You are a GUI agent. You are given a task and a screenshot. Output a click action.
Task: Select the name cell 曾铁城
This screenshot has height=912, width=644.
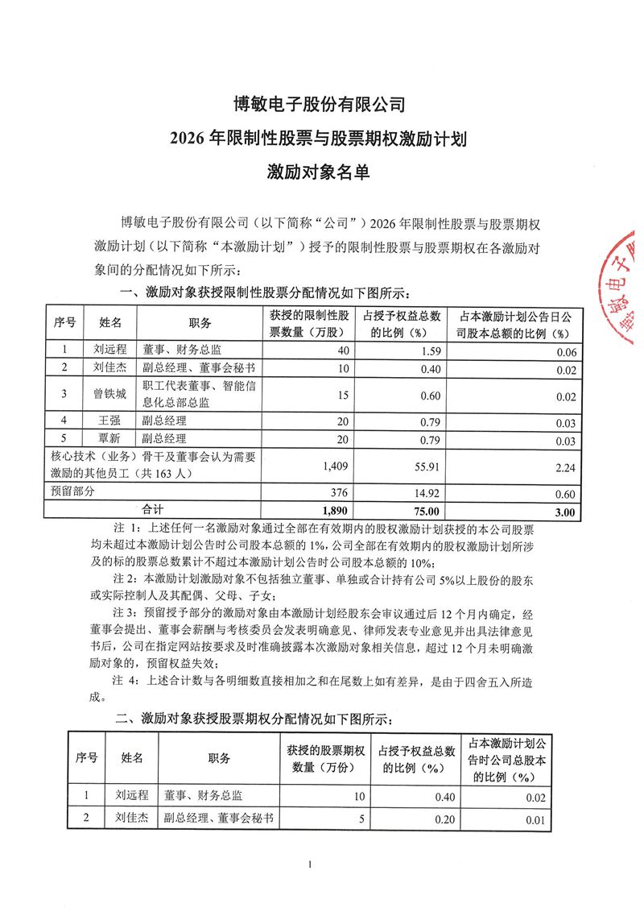point(109,396)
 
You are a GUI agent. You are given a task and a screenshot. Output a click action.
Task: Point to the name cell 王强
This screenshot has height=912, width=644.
point(109,421)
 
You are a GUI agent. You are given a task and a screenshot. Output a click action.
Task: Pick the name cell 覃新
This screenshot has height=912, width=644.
point(109,440)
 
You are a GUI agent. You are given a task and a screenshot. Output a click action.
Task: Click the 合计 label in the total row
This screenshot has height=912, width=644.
point(153,509)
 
